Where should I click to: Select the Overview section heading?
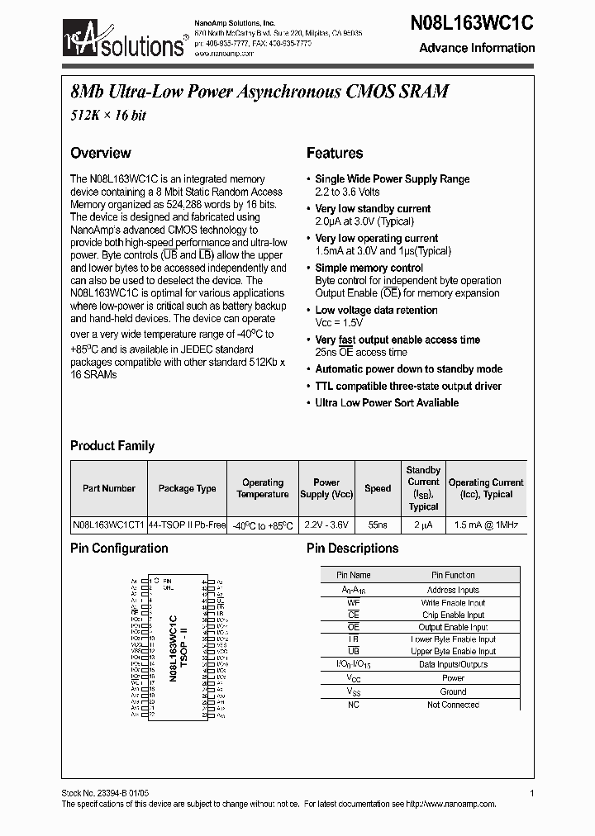[x=100, y=153]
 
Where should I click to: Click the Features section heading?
[x=334, y=153]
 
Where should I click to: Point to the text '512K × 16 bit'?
[x=107, y=116]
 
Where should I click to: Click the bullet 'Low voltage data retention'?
[x=376, y=310]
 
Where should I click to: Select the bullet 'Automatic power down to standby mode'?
[x=408, y=369]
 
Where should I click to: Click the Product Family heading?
[x=112, y=446]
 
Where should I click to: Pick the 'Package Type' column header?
[x=187, y=488]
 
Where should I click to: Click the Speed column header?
[x=378, y=488]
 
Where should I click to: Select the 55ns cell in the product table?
[x=378, y=525]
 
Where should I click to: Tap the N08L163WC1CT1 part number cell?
[x=108, y=525]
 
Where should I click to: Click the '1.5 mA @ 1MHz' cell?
[x=486, y=525]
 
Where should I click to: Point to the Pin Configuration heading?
[x=119, y=549]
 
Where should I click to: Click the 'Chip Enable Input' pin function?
[x=453, y=615]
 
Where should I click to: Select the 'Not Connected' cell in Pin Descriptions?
[x=453, y=705]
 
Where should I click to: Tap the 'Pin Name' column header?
[x=354, y=575]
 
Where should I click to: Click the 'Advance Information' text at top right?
[x=477, y=48]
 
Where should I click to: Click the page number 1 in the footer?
[x=531, y=793]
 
